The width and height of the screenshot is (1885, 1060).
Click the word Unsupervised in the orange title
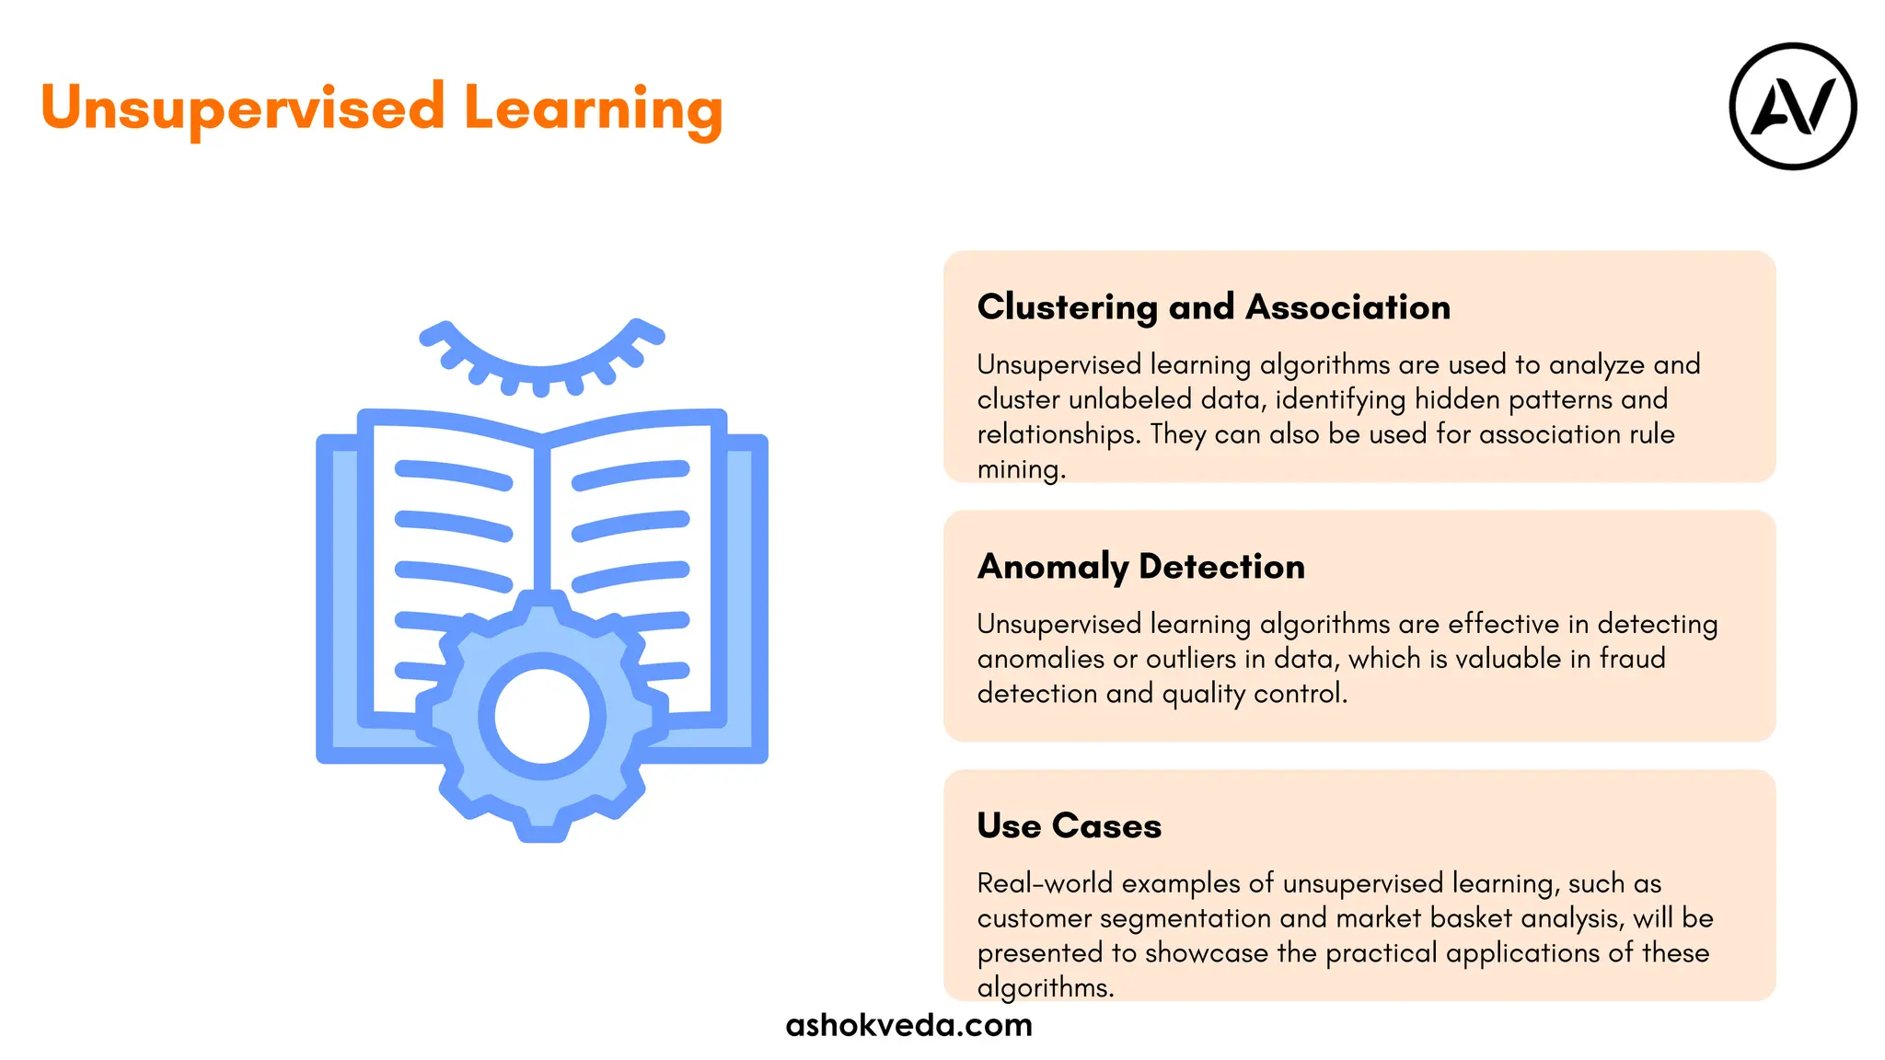[243, 109]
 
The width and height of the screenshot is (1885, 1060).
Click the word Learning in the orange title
[593, 109]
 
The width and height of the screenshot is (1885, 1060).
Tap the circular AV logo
[1792, 107]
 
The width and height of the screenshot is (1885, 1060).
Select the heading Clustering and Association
[1213, 307]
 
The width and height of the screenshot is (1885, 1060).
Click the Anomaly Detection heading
[1140, 567]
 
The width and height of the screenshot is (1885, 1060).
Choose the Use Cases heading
[1069, 826]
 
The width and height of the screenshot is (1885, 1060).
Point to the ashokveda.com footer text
[908, 1025]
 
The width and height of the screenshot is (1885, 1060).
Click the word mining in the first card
[1020, 469]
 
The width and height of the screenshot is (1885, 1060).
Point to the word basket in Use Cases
[1471, 918]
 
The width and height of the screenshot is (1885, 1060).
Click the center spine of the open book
[541, 515]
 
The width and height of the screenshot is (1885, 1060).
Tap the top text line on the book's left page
[453, 475]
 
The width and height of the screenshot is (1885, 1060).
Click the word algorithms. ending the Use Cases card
[1045, 988]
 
